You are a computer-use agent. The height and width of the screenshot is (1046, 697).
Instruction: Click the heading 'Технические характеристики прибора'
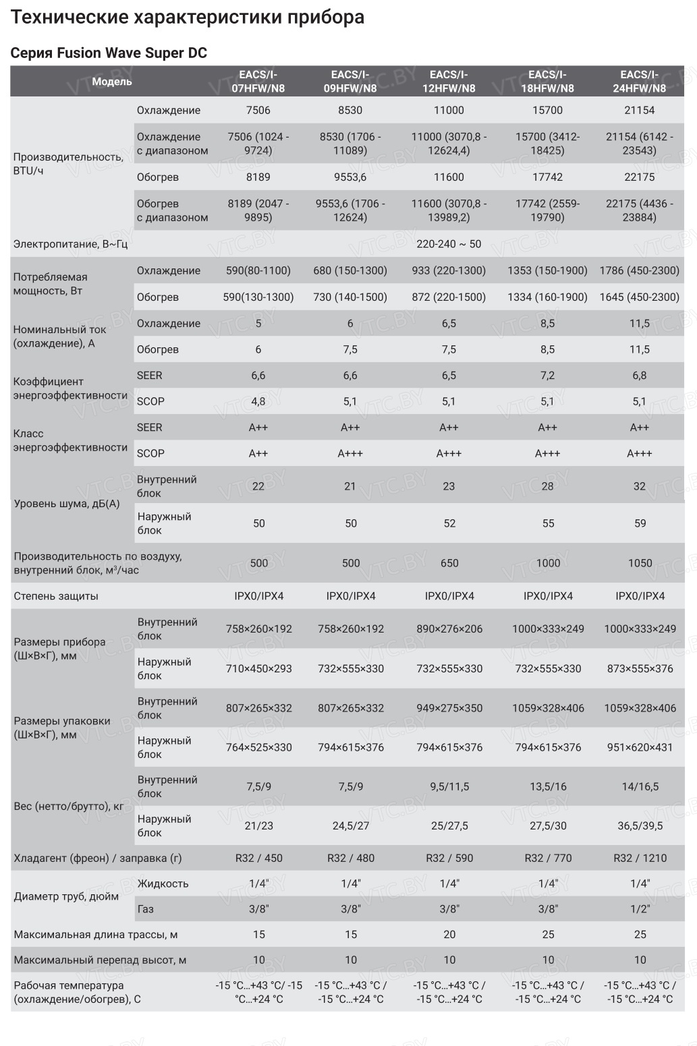coord(188,18)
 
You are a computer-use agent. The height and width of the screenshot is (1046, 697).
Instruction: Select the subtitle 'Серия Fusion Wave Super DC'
coord(109,53)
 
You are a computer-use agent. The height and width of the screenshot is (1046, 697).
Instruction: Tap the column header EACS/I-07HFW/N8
coord(258,82)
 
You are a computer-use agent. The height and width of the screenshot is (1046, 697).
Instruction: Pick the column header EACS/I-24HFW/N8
coord(639,82)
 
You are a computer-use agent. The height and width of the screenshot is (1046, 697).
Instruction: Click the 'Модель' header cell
coord(112,82)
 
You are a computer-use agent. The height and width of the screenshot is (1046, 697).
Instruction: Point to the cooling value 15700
coord(547,110)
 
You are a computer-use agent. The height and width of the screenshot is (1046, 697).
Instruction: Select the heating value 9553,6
coord(350,177)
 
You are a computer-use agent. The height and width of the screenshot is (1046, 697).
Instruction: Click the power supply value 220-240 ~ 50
coord(449,243)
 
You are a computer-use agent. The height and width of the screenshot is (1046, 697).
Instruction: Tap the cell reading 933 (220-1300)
coord(449,270)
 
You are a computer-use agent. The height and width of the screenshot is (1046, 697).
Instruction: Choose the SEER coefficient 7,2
coord(547,376)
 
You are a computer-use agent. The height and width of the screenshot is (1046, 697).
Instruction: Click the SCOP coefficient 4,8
coord(258,401)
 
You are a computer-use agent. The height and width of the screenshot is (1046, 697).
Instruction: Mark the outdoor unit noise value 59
coord(640,523)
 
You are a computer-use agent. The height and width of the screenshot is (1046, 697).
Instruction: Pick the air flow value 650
coord(449,563)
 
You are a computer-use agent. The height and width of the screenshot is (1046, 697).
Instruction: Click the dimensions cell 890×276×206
coord(449,629)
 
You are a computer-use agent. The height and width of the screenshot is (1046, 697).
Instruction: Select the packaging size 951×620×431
coord(640,747)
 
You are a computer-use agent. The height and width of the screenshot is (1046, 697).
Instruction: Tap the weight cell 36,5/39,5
coord(640,825)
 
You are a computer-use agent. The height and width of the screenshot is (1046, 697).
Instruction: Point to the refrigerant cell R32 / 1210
coord(640,859)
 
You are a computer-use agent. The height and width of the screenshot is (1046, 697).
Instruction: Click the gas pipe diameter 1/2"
coord(640,909)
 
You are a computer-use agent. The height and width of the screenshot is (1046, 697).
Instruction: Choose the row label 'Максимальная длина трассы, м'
coord(96,935)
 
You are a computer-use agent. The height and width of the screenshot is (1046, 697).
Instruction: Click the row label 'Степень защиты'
coord(56,596)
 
